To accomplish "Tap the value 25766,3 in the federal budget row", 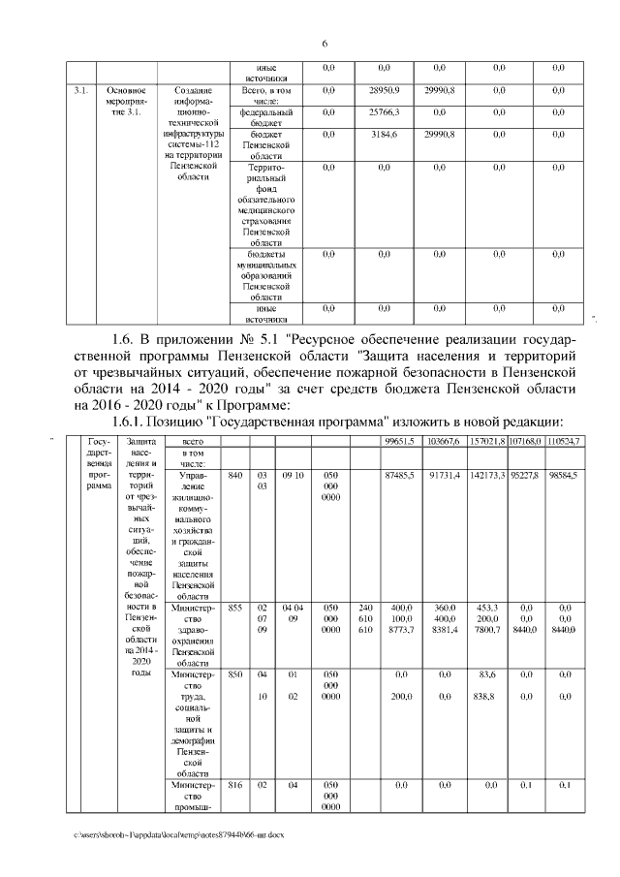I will point(385,112).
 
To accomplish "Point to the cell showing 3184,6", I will point(385,135).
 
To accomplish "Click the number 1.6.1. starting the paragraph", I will point(135,422).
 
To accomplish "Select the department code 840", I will point(234,477).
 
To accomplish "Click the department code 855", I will point(234,608).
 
